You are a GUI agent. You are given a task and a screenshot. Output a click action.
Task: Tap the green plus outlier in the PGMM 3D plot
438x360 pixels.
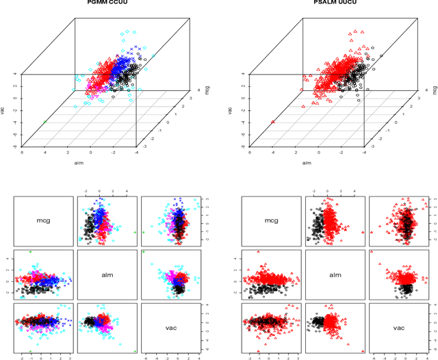tap(45, 122)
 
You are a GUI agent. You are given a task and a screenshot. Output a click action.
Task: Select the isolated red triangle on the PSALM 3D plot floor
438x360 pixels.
tap(273, 122)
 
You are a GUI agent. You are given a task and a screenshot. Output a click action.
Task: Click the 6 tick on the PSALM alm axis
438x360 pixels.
tap(248, 152)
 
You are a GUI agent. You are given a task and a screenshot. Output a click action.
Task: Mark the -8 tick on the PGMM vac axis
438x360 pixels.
tap(14, 145)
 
